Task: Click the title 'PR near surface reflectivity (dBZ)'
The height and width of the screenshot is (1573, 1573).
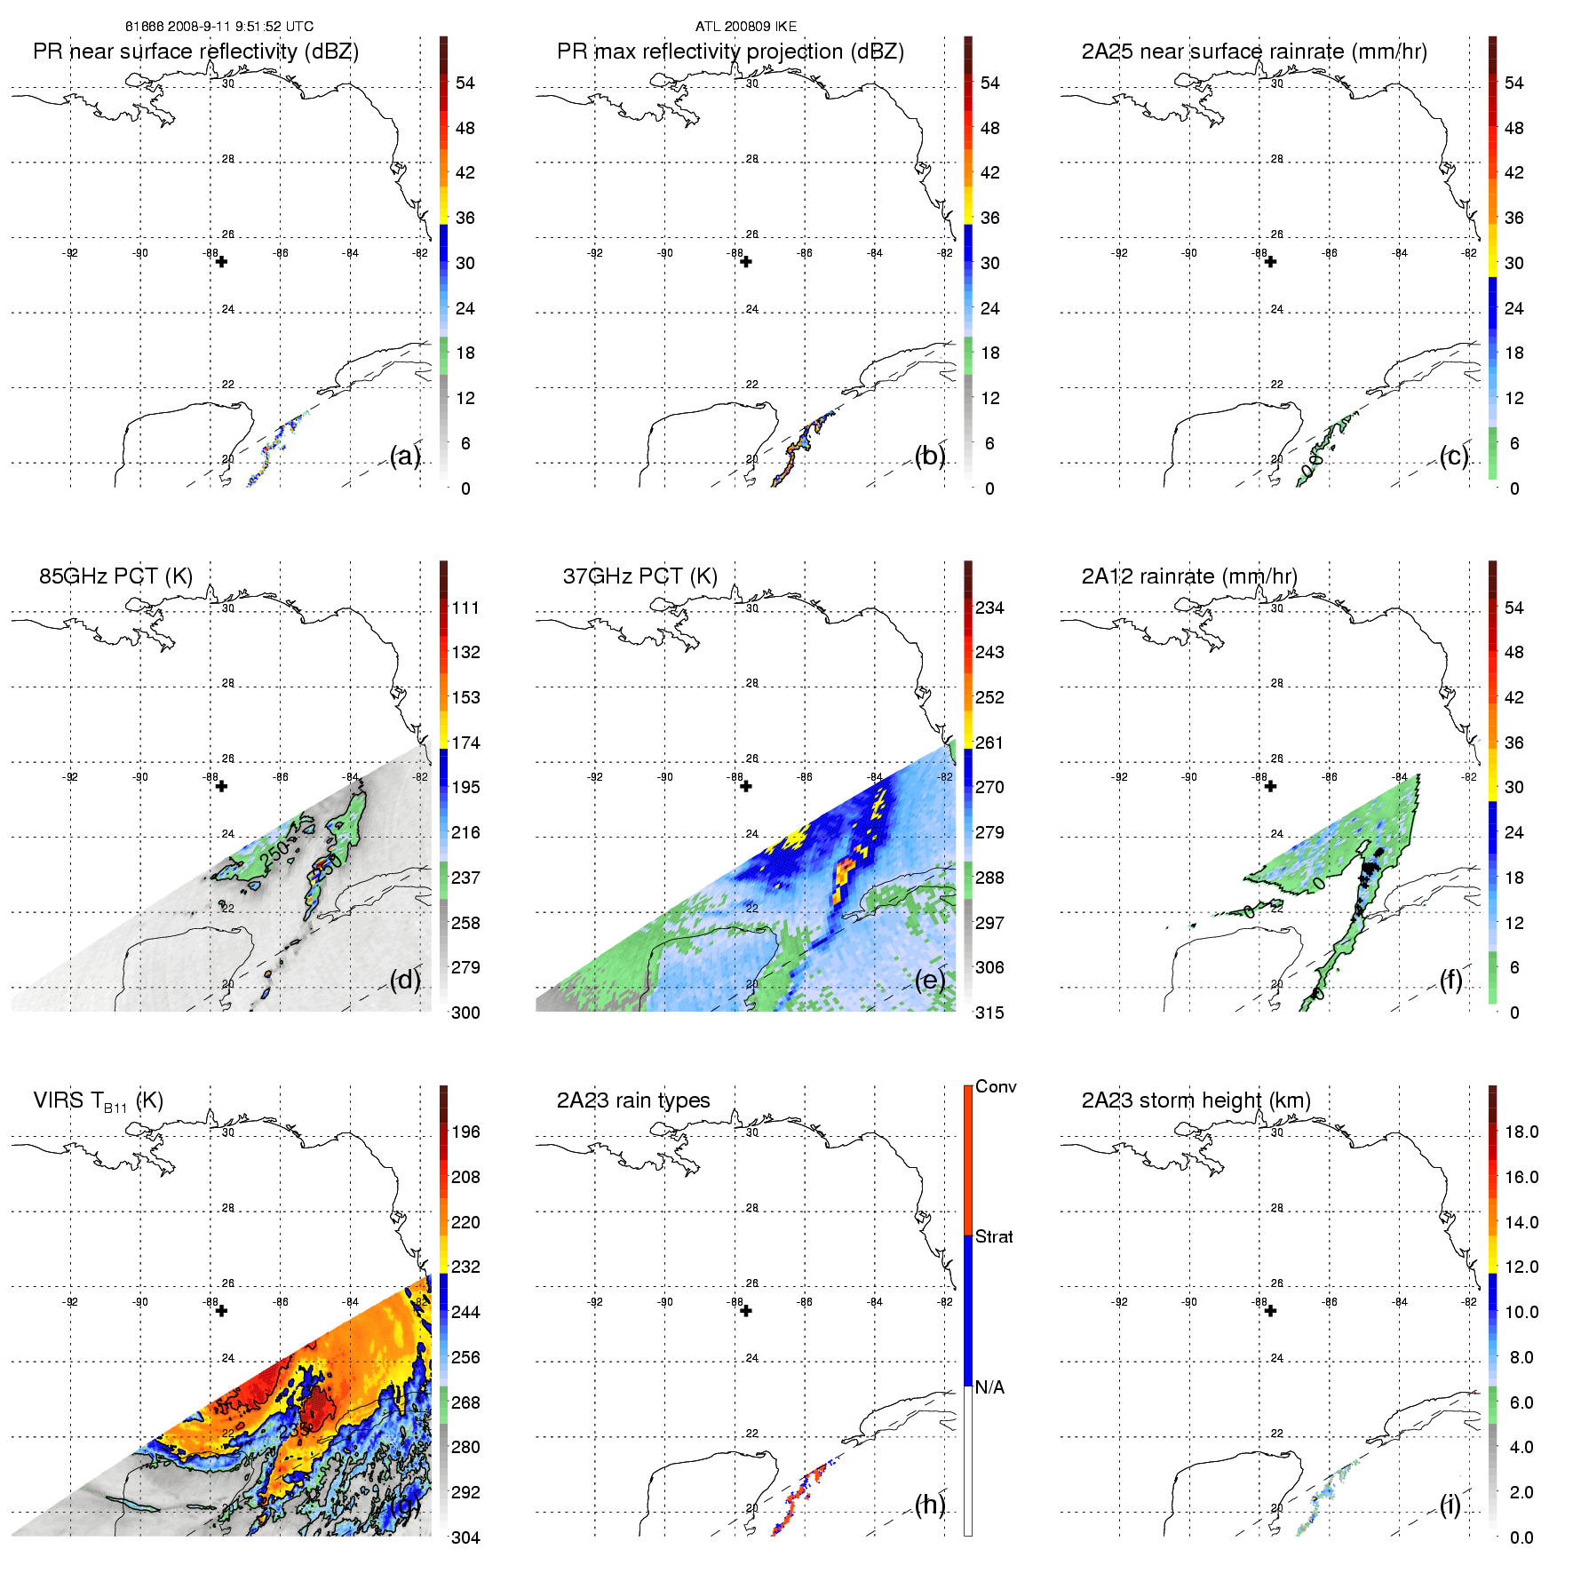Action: click(195, 52)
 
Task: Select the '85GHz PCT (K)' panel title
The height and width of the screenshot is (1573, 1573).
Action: click(115, 576)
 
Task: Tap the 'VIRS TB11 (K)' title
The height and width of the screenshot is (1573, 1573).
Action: click(98, 1101)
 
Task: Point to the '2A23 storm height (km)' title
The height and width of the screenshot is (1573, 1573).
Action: click(1196, 1101)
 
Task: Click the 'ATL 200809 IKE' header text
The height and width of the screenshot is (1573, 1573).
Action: click(746, 27)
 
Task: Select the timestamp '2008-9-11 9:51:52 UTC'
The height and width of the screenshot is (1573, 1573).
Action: click(240, 27)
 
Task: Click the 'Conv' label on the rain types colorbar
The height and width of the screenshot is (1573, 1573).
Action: click(995, 1087)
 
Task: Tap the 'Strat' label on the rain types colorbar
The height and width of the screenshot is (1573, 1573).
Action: click(994, 1237)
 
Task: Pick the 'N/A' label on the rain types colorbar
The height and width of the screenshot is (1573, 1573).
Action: click(989, 1387)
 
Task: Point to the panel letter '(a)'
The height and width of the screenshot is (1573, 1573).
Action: click(405, 456)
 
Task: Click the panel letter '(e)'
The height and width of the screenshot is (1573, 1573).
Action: click(930, 980)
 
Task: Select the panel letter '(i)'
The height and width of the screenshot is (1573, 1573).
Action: click(1450, 1505)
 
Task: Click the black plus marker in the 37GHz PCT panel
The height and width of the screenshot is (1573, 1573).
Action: click(746, 786)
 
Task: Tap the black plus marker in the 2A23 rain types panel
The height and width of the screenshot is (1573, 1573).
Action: click(746, 1311)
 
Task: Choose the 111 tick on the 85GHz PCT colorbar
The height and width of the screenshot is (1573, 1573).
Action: click(465, 608)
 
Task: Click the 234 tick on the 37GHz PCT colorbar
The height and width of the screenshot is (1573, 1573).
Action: click(989, 608)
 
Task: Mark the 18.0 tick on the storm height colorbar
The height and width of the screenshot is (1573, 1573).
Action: click(1521, 1132)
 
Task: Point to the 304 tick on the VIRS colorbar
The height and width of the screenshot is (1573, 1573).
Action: click(465, 1537)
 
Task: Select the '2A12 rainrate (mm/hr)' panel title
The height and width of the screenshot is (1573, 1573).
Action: click(1189, 576)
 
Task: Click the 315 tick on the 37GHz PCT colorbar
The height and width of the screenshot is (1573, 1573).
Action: click(989, 1013)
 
